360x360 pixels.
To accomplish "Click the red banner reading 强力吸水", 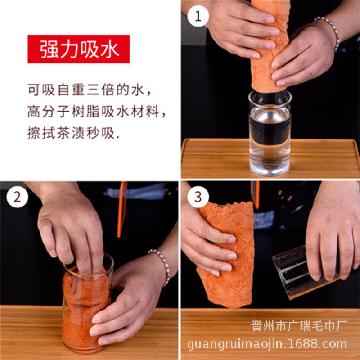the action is tap(78, 49).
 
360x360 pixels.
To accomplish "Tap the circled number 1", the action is tap(198, 16).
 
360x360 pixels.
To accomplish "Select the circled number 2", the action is tap(17, 197).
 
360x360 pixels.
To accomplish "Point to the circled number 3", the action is tap(198, 197).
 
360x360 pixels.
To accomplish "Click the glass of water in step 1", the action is tap(270, 133).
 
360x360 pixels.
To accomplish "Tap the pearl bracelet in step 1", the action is tap(329, 32).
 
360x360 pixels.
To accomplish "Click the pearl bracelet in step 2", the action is tap(162, 266).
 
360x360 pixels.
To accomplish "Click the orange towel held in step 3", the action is tap(226, 255).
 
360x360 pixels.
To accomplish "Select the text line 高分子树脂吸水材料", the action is tap(96, 111).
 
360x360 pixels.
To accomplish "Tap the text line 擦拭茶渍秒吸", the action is tap(73, 133).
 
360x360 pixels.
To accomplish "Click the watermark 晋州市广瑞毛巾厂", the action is tap(299, 325).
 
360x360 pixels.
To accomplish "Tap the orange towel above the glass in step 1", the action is tap(269, 46).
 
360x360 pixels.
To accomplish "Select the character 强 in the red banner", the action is tap(49, 49).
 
